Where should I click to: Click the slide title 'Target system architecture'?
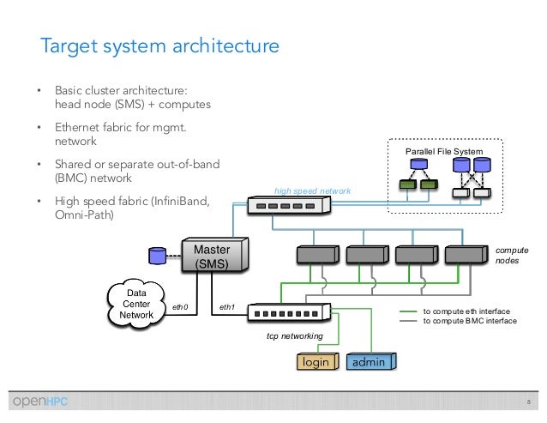pyautogui.click(x=160, y=45)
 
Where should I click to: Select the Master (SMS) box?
pyautogui.click(x=211, y=257)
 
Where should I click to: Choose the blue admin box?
pyautogui.click(x=370, y=362)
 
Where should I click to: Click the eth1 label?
pyautogui.click(x=227, y=305)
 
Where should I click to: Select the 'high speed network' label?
pyautogui.click(x=307, y=190)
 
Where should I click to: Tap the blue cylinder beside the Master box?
pyautogui.click(x=156, y=257)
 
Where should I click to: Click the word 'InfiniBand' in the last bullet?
pyautogui.click(x=178, y=202)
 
